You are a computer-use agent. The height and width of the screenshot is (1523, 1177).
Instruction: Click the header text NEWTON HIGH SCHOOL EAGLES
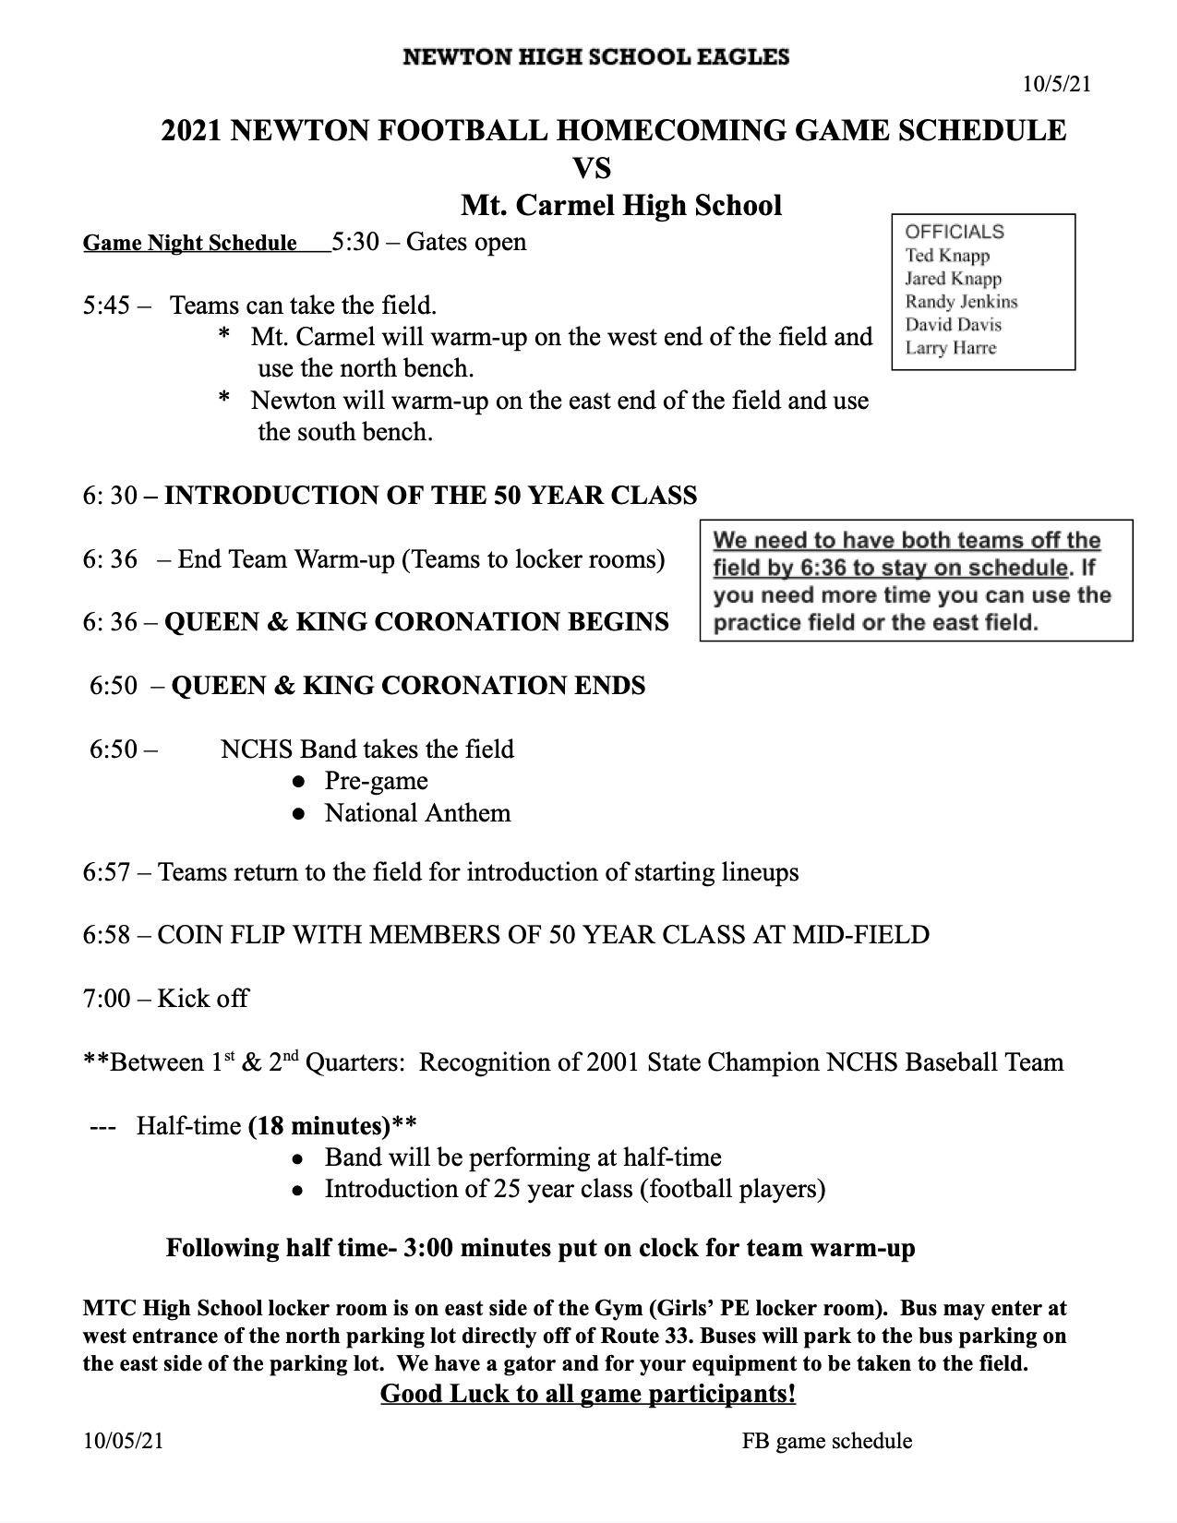[595, 57]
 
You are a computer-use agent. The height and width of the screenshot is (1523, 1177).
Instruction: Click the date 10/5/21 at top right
[1056, 85]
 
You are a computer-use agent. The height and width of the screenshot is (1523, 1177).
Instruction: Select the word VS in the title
[592, 168]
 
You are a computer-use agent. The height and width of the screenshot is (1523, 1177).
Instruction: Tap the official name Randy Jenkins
[961, 302]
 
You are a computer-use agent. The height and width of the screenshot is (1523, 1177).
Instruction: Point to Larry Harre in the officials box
[951, 348]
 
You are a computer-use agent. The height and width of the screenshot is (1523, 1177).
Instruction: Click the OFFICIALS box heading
[955, 232]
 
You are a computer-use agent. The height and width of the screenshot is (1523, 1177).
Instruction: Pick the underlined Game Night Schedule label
[189, 244]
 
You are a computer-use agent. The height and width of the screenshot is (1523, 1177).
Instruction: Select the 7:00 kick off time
[106, 999]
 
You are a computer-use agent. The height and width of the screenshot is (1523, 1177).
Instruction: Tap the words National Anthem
[417, 813]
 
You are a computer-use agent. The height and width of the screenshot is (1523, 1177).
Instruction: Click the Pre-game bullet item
[376, 781]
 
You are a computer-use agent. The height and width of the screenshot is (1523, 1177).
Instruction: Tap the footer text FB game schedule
[826, 1441]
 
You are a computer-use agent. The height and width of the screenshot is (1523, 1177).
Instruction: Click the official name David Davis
[953, 325]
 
